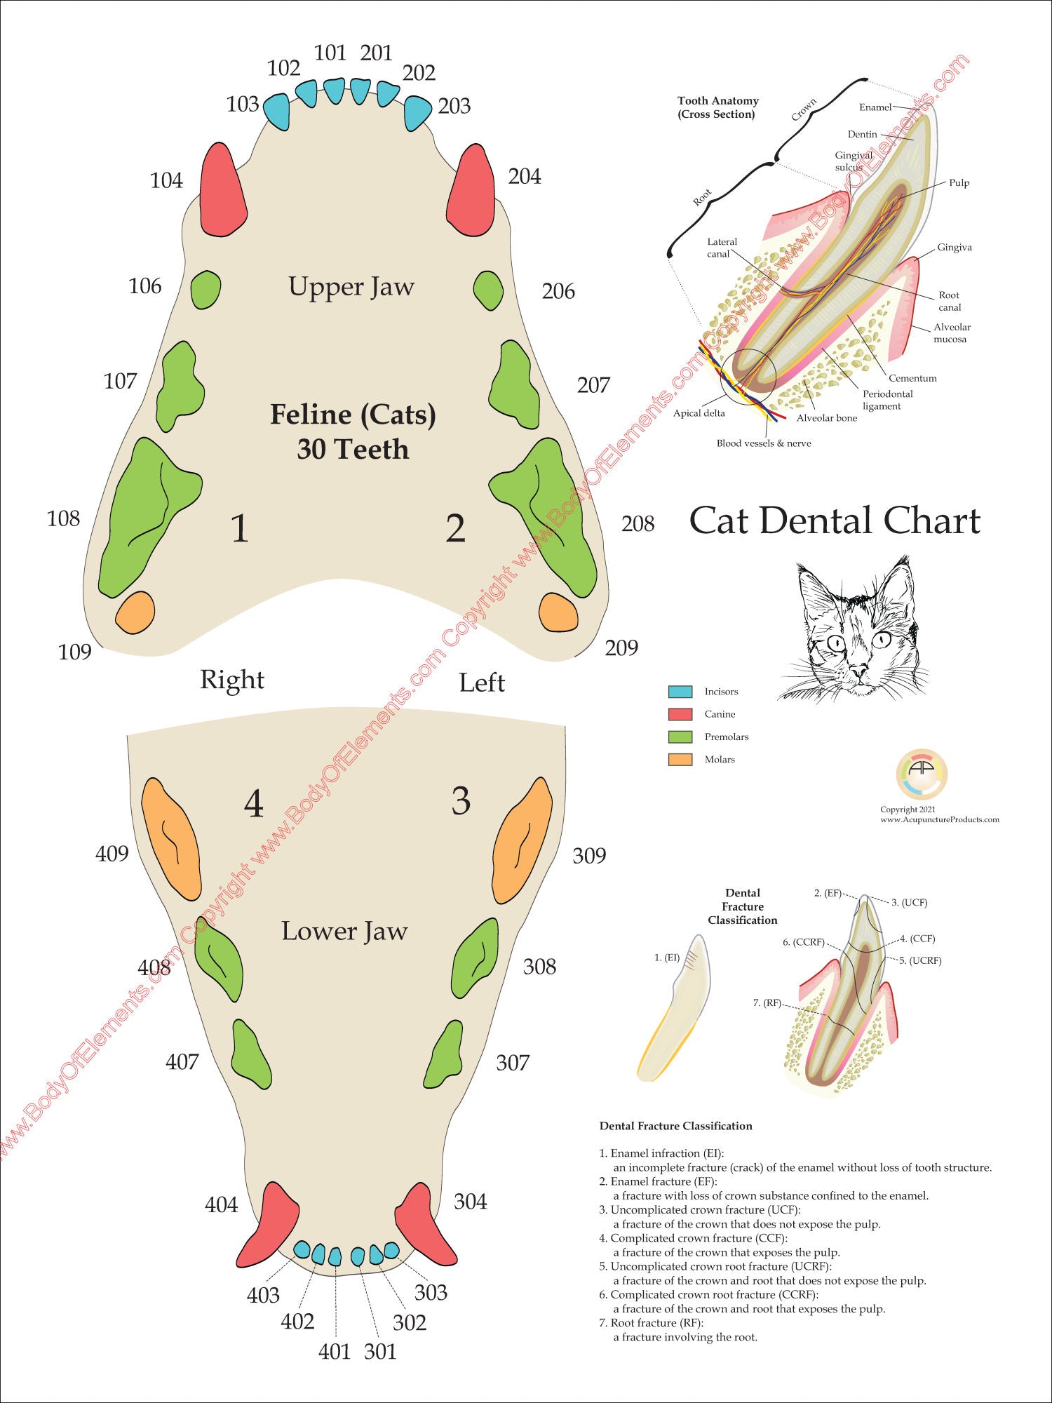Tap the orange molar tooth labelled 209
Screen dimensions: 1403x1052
tap(558, 612)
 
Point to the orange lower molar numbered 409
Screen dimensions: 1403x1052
tap(171, 838)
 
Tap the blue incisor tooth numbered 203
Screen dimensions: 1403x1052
tap(418, 112)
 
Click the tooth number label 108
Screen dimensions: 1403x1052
tap(63, 519)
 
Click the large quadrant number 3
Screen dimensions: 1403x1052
tap(461, 801)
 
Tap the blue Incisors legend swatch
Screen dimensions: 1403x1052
tap(680, 692)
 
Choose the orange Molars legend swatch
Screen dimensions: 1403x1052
tap(680, 760)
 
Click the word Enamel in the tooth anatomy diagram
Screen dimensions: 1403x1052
tap(875, 107)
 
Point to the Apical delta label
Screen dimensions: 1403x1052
tap(699, 413)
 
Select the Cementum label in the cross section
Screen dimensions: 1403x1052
tap(912, 378)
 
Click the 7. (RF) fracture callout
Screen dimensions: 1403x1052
tap(767, 1003)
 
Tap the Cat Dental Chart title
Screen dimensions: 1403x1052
tap(835, 521)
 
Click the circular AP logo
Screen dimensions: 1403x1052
tap(921, 774)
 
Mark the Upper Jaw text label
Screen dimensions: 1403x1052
tap(351, 287)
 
